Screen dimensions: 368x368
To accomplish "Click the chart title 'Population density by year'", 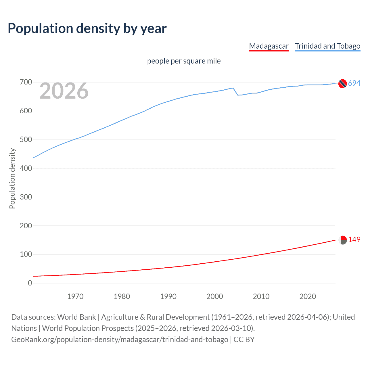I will (87, 28).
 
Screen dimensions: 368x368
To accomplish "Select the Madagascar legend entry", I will (269, 46).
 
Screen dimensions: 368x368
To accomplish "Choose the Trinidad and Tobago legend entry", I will (327, 46).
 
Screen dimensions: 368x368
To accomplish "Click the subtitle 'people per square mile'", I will (184, 61).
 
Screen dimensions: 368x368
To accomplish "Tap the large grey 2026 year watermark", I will (64, 91).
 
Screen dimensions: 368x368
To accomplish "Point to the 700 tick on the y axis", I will (26, 82).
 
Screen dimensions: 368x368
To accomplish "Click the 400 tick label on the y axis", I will (26, 168).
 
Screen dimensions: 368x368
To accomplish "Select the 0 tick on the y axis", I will (30, 283).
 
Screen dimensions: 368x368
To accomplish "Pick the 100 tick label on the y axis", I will (26, 254).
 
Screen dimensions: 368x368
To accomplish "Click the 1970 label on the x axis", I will (75, 296).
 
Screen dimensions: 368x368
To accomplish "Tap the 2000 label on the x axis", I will (214, 296).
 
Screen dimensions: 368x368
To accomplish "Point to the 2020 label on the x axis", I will (308, 296).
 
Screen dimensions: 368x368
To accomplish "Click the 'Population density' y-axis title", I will (12, 178).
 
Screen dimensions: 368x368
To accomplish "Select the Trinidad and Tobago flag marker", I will (342, 84).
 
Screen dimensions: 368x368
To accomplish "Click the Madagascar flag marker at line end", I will (342, 240).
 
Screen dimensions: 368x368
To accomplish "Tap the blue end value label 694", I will (354, 83).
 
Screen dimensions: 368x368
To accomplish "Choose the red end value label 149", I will (354, 240).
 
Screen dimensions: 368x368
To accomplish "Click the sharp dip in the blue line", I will (238, 95).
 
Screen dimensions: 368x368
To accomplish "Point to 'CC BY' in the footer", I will (244, 340).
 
